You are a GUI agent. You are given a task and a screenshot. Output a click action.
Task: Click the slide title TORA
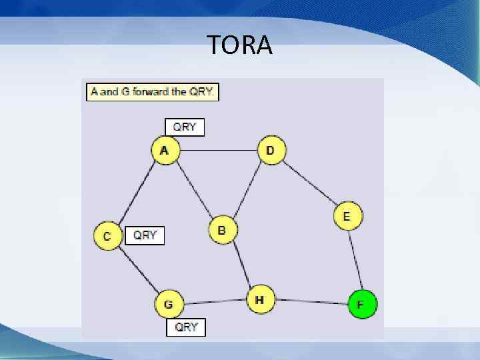239,45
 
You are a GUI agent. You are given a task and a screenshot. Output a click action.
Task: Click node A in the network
165,151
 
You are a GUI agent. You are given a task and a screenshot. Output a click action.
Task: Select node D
270,151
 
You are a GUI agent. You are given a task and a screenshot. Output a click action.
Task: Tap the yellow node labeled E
347,216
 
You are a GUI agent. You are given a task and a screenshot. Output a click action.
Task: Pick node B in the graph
222,230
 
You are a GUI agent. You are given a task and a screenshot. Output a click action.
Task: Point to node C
107,236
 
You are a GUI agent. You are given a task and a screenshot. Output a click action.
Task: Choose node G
169,305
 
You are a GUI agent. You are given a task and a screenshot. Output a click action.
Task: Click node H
260,300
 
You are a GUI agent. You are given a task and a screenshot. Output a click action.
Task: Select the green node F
362,305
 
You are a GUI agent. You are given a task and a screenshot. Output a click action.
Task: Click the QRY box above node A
185,127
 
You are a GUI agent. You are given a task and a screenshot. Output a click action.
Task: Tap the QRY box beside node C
145,235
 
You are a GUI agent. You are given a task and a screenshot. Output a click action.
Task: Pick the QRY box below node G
186,327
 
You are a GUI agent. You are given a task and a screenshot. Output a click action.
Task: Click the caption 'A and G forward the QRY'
153,91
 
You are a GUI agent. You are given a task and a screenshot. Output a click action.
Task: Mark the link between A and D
217,151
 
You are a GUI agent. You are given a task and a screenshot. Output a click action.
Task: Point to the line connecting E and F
355,260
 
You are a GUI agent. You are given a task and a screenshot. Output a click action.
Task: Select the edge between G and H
213,302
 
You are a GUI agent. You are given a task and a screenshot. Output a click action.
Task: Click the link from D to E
309,183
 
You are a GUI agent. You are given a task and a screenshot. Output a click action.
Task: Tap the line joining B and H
241,265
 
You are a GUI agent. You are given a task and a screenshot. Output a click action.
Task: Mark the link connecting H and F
310,302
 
